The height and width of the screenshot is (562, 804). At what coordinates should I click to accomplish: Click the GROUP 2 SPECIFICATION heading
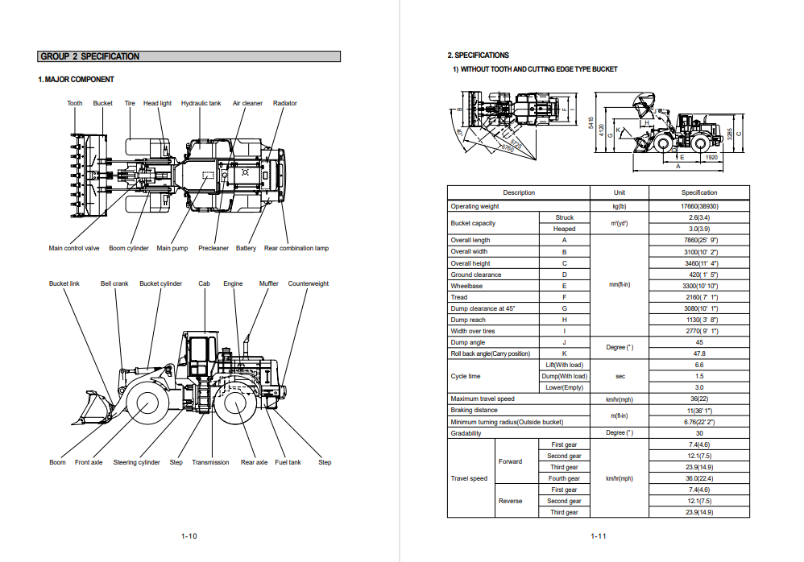[90, 56]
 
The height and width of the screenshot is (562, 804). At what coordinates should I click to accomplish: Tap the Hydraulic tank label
[201, 103]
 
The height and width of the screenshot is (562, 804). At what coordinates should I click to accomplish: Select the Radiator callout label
[285, 103]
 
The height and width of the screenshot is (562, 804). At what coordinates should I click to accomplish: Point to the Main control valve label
[74, 248]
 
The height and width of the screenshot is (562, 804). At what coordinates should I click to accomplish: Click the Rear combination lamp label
[296, 248]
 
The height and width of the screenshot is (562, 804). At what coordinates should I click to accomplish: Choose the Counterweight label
[309, 283]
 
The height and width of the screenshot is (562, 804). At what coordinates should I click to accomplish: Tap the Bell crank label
[114, 283]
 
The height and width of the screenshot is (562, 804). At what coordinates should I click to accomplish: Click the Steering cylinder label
[137, 462]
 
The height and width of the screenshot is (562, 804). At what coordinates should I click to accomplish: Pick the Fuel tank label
[288, 462]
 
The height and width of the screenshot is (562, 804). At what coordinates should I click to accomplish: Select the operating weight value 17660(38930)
[698, 206]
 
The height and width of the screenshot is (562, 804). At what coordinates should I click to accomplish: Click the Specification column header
[698, 192]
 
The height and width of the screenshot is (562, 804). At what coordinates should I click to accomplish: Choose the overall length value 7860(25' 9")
[698, 240]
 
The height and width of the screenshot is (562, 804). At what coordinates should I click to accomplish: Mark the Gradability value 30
[698, 433]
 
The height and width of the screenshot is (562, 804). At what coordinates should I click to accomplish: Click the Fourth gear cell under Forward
[564, 478]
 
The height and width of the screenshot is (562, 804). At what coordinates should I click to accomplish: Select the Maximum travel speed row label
[483, 399]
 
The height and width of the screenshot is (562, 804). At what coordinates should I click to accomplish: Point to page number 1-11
[598, 536]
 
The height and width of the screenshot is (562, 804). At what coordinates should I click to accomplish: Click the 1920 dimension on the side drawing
[711, 158]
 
